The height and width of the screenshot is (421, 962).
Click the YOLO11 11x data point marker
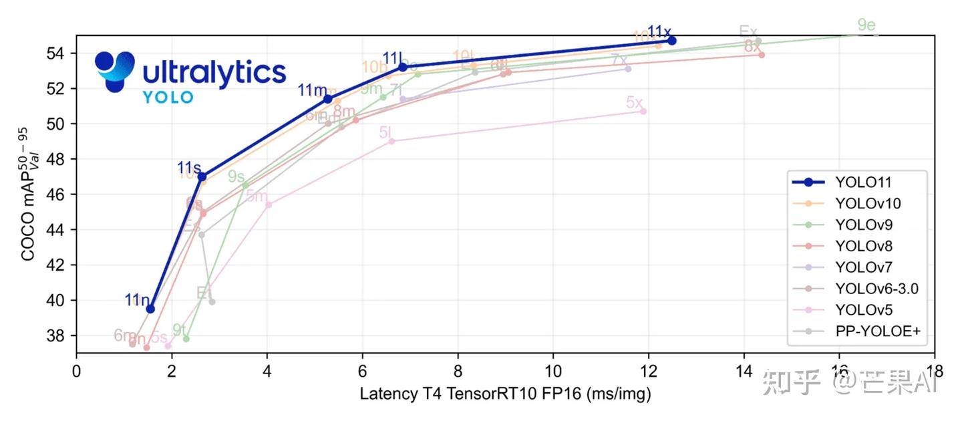672,41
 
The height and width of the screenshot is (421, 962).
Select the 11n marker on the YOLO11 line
150,309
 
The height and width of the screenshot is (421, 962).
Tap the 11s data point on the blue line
202,176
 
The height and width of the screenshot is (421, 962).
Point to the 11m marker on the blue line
328,99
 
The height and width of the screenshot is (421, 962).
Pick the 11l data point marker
403,67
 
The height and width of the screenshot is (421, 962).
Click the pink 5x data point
643,111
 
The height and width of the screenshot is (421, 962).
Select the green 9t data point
186,339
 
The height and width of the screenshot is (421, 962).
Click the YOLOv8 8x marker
762,55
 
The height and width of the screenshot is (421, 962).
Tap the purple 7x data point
628,69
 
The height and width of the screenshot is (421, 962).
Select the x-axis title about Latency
505,394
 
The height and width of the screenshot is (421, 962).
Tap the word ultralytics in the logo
214,72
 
